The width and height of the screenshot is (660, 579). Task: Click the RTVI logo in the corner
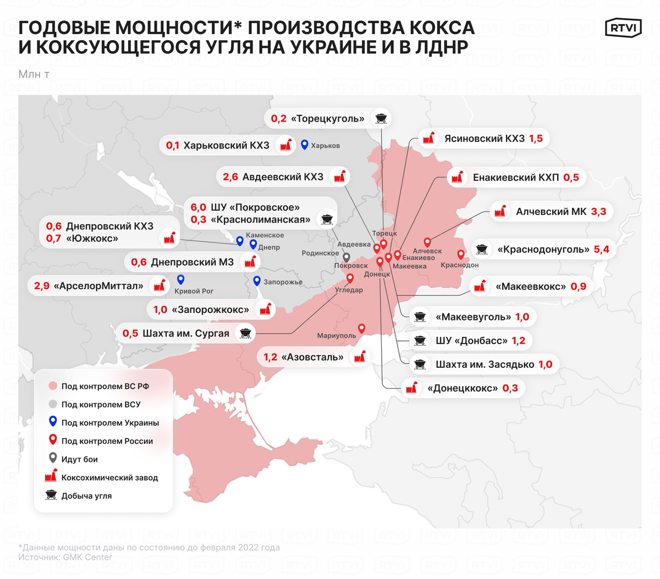[x=623, y=28]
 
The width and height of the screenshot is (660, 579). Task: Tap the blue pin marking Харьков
[x=304, y=145]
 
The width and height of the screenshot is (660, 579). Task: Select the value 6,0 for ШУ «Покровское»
[x=199, y=207]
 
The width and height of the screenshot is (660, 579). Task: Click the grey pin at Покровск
[x=346, y=257]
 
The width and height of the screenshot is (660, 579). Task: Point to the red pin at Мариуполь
[x=361, y=329]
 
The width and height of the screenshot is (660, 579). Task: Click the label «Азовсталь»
[x=312, y=357]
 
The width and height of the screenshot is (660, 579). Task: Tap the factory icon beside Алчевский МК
[x=500, y=211]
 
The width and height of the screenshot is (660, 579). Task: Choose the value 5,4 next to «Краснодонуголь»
[x=602, y=250]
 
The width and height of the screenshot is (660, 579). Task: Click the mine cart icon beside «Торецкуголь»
[x=380, y=118]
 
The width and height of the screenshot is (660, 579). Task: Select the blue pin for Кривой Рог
[x=180, y=280]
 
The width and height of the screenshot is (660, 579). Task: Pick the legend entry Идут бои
[x=79, y=459]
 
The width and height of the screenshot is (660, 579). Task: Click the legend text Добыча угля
[x=86, y=496]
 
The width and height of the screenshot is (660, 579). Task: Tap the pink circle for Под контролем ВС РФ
[x=53, y=386]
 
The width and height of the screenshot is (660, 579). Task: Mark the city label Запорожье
[x=283, y=282]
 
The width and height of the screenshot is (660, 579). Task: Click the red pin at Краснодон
[x=461, y=255]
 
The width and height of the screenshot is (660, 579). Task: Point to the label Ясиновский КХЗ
[x=484, y=139]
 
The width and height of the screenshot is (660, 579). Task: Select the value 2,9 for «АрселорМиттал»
[x=42, y=286]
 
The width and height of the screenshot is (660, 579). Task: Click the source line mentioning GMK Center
[x=65, y=558]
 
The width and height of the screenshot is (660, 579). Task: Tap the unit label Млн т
[x=34, y=74]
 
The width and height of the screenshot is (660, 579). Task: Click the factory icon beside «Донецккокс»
[x=411, y=388]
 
